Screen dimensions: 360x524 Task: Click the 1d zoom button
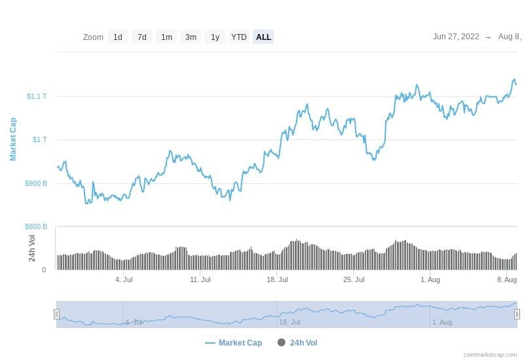click(x=118, y=37)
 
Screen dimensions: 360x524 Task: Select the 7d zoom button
click(x=142, y=37)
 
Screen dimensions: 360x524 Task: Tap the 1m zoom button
click(x=167, y=37)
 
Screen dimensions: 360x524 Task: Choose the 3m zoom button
click(x=191, y=37)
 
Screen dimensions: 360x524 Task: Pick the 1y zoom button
click(x=215, y=37)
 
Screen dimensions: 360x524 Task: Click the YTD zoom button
click(x=239, y=37)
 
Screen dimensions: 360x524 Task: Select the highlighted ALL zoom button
click(x=263, y=37)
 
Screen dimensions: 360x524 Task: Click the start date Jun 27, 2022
click(x=456, y=37)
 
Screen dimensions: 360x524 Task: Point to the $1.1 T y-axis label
click(x=37, y=96)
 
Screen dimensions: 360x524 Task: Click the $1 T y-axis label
click(x=39, y=139)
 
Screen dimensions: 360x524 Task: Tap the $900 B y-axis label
click(x=36, y=183)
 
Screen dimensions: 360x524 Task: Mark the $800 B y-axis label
click(x=36, y=226)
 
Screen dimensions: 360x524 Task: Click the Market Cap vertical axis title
click(x=13, y=139)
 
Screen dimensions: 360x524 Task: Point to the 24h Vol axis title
click(x=32, y=248)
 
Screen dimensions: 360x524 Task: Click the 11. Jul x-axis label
click(x=200, y=279)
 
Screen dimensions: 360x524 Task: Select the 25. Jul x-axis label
click(x=354, y=279)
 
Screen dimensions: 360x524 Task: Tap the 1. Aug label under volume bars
click(x=430, y=279)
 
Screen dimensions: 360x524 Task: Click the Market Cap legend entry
click(x=234, y=342)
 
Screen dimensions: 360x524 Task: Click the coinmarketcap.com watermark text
click(x=490, y=355)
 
